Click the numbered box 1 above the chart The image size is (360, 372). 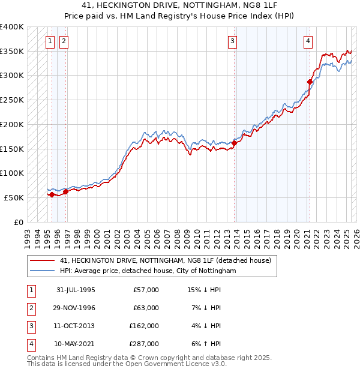(x=49, y=41)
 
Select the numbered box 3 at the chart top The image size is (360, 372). (x=232, y=41)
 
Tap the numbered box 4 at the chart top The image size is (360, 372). (x=307, y=41)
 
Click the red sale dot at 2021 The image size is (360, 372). (x=310, y=82)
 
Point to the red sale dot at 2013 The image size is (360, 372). (x=235, y=143)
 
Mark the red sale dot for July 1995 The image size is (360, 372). (x=52, y=194)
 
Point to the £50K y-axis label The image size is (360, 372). (x=14, y=197)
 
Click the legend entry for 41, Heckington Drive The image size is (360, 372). (x=166, y=260)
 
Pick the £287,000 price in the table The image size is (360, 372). (x=144, y=344)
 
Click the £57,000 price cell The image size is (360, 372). (x=146, y=290)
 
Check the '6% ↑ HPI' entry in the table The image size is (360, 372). (x=205, y=344)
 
